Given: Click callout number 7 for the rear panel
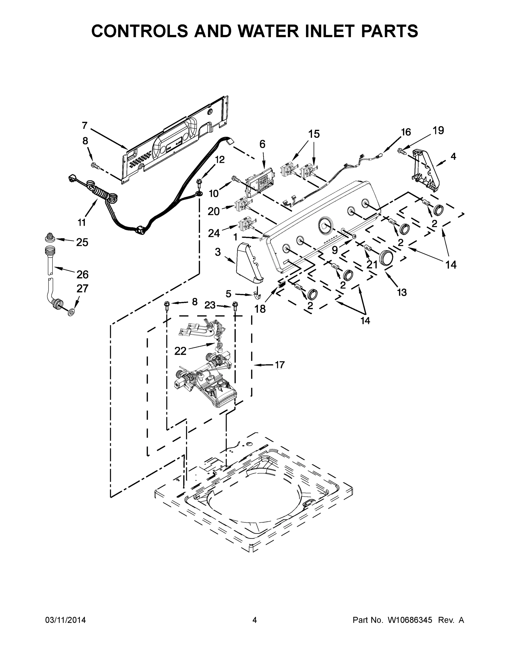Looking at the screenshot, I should (85, 125).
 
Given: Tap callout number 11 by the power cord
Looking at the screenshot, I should (82, 223).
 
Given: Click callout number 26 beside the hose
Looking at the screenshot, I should (82, 274).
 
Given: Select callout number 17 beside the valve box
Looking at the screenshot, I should (280, 365).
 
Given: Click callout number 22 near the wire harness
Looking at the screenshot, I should (180, 351).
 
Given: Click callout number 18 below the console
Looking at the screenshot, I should (260, 309).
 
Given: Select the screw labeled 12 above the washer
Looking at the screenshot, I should (199, 182).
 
